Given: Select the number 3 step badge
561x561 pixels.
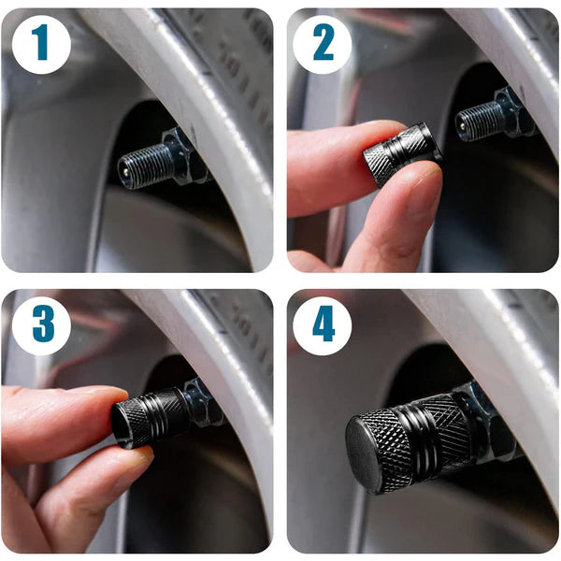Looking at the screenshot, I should pyautogui.click(x=40, y=324).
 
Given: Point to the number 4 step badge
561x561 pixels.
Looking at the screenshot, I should pyautogui.click(x=323, y=324).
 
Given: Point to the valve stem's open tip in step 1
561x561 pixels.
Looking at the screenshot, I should pyautogui.click(x=122, y=173).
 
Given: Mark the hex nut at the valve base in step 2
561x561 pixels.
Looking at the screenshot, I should pyautogui.click(x=511, y=110).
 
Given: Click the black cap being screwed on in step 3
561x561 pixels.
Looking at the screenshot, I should pyautogui.click(x=150, y=412).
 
